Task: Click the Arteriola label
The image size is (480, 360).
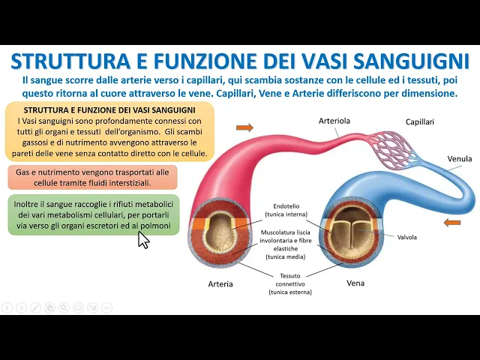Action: coord(334,120)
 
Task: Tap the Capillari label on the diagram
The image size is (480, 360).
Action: coord(419,121)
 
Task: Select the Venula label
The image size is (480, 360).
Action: coord(459,159)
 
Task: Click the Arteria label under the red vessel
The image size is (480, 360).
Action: coord(220,284)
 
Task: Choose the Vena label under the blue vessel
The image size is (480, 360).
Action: coord(355,283)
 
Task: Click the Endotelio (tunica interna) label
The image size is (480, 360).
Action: coord(284,209)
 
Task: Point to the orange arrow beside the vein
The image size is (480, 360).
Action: coord(452,222)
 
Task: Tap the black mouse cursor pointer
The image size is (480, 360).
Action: coord(143,239)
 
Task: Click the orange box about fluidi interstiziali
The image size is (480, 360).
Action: coord(93,177)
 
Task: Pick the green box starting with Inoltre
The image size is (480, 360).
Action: coord(94,215)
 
